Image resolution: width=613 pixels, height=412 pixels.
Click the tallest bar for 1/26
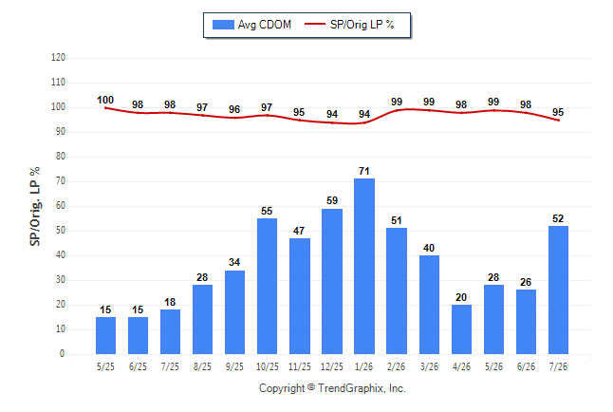(x=364, y=266)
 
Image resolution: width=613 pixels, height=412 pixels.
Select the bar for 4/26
(x=461, y=329)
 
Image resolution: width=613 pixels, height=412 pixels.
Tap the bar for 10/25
(x=267, y=286)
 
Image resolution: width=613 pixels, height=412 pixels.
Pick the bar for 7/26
(x=558, y=290)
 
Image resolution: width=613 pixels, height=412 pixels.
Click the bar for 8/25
(x=202, y=319)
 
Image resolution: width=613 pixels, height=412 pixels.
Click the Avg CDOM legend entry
(x=251, y=25)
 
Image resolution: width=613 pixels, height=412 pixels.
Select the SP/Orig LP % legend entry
(x=349, y=25)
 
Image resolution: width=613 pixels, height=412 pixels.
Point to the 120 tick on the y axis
(x=58, y=58)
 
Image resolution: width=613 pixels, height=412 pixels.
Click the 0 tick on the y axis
(x=62, y=354)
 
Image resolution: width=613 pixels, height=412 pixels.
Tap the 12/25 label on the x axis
(x=331, y=366)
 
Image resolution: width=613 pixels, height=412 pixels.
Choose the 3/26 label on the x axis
(x=429, y=366)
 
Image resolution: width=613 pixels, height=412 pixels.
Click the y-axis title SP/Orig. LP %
(x=35, y=206)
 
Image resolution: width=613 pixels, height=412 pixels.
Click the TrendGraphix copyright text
(x=332, y=388)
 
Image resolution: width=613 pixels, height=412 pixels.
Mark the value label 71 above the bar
(x=364, y=171)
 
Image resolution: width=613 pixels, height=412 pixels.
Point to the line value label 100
(x=105, y=101)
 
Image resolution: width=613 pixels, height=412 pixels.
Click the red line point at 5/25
(x=105, y=108)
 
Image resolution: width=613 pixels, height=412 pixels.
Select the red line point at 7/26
(x=558, y=121)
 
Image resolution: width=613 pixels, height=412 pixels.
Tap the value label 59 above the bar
(x=332, y=200)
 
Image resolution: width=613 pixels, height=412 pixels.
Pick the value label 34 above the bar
(x=234, y=262)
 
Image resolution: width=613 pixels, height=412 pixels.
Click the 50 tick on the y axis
(x=60, y=231)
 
